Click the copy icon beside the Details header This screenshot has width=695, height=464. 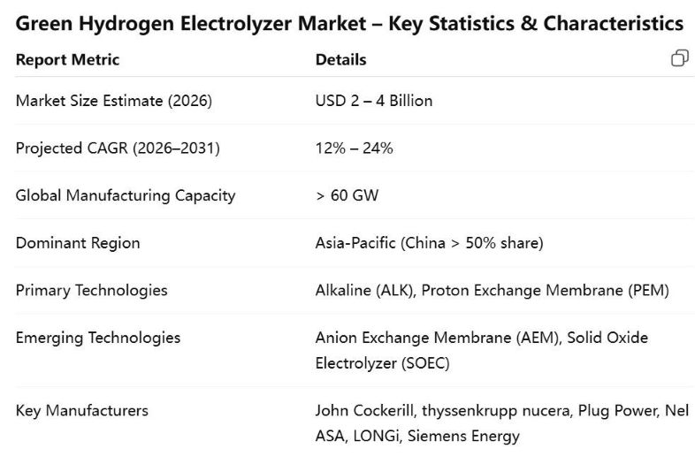click(x=679, y=58)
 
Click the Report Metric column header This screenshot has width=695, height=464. click(x=67, y=60)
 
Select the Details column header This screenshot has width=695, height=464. click(x=340, y=60)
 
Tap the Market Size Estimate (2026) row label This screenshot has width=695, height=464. click(x=113, y=101)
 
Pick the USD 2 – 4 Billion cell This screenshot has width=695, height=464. click(x=374, y=101)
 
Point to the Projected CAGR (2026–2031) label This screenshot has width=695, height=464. click(x=118, y=148)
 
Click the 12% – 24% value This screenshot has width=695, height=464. click(x=354, y=148)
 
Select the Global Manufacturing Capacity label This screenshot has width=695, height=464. click(x=126, y=195)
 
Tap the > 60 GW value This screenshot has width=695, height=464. click(x=347, y=195)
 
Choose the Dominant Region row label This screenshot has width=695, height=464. click(x=78, y=243)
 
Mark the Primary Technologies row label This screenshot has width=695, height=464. click(x=91, y=290)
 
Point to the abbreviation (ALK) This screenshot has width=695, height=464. click(x=393, y=290)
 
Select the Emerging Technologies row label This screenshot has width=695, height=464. click(x=98, y=338)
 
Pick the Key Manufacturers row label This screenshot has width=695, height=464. click(x=82, y=410)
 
